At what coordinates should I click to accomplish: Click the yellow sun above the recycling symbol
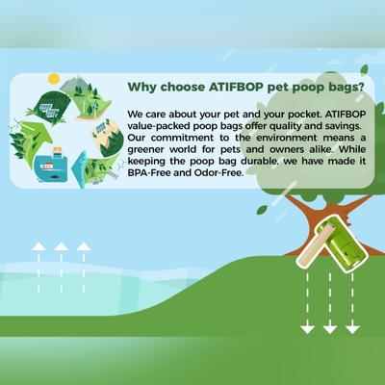coord(54,77)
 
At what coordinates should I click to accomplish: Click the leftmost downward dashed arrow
coord(307,308)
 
